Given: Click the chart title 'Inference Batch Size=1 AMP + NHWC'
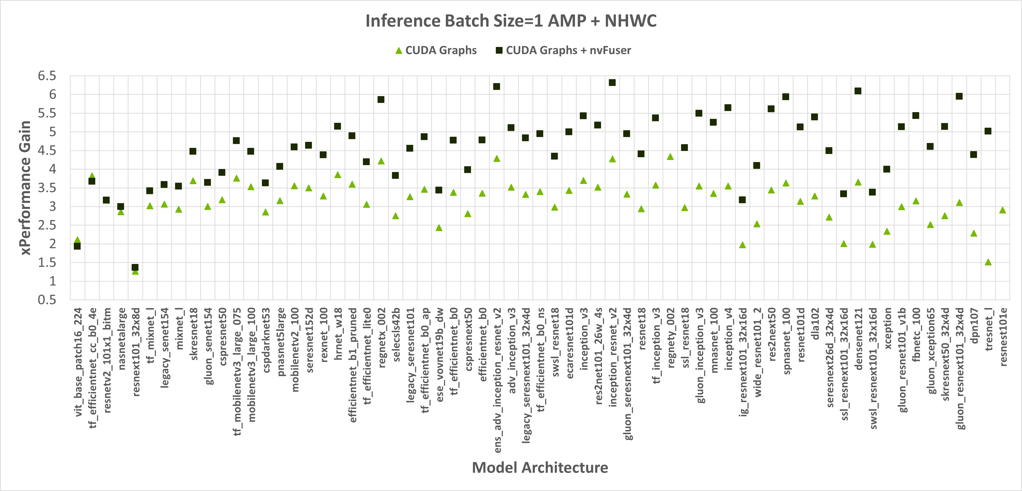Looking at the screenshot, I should click(511, 21).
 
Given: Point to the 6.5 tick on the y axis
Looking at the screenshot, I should click(47, 76).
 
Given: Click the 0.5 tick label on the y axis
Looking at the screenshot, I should click(47, 300).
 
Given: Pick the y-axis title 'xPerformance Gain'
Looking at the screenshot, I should click(25, 188).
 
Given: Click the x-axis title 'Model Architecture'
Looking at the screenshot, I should click(540, 468).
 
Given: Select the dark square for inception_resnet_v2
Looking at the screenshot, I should click(612, 82).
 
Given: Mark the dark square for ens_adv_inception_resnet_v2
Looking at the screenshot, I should click(496, 86).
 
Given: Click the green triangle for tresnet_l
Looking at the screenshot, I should click(988, 262).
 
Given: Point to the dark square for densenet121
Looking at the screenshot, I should click(858, 91).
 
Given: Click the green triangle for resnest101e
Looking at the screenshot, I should click(1002, 210).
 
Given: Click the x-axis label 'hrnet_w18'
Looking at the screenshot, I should click(338, 334).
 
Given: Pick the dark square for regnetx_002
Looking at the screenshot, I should click(381, 100).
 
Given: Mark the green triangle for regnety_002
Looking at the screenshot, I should click(670, 157).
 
